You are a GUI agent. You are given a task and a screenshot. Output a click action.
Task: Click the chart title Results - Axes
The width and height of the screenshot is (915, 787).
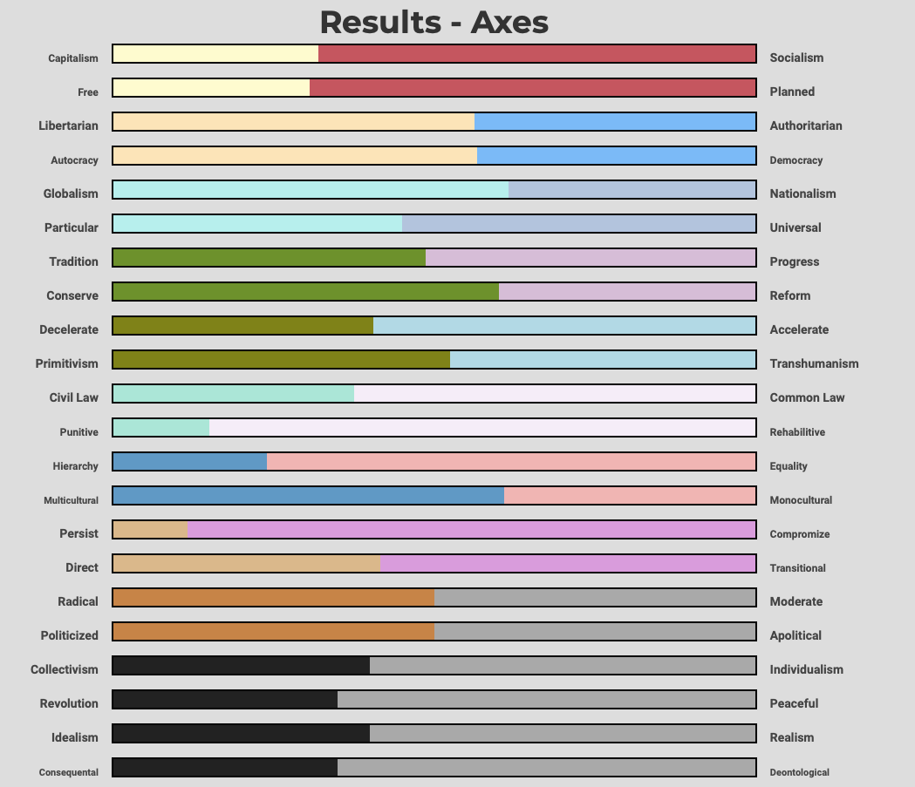click(x=434, y=22)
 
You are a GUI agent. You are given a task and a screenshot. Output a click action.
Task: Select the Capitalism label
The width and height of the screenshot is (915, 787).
click(x=73, y=58)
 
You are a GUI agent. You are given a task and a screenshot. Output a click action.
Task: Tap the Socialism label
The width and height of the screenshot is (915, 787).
click(x=796, y=58)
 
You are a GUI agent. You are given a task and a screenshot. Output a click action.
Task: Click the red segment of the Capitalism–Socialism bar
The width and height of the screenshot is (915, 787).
click(x=536, y=54)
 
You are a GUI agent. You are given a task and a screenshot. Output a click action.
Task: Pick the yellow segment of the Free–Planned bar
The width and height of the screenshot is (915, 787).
click(x=211, y=88)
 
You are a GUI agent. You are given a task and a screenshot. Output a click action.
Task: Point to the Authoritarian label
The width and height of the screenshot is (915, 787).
click(x=806, y=126)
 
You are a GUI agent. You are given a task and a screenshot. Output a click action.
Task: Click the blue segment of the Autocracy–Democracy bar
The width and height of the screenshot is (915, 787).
click(x=616, y=156)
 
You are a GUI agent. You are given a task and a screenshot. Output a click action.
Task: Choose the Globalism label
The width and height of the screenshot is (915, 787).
click(x=71, y=193)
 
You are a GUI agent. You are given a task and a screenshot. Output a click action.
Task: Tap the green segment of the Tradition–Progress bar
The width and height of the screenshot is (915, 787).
click(x=269, y=258)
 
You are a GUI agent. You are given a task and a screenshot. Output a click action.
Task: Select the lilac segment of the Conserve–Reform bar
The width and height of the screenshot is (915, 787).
click(x=626, y=292)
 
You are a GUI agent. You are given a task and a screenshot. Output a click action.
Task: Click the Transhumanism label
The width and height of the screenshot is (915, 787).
click(x=814, y=363)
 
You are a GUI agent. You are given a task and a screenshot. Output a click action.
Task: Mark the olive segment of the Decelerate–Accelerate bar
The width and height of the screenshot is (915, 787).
click(x=242, y=326)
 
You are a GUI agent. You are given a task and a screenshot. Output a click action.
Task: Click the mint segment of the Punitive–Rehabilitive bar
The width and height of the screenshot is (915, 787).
click(x=161, y=428)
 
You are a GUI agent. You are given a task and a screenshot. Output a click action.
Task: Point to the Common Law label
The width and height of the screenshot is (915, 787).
click(x=807, y=397)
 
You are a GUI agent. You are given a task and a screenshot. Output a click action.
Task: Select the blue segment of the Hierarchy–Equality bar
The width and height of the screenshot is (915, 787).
click(x=190, y=462)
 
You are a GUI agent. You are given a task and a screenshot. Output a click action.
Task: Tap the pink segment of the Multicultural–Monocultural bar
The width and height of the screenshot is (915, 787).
click(x=629, y=496)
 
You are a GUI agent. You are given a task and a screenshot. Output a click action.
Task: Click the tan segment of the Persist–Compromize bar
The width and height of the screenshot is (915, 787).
click(x=151, y=530)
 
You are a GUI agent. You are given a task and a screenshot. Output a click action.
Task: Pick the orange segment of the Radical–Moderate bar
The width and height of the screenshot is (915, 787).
click(x=274, y=598)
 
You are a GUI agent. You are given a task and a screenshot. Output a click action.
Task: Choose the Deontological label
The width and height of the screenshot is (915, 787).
click(x=799, y=772)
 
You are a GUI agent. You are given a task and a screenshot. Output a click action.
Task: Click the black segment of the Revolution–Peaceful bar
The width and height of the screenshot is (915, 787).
click(x=225, y=700)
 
